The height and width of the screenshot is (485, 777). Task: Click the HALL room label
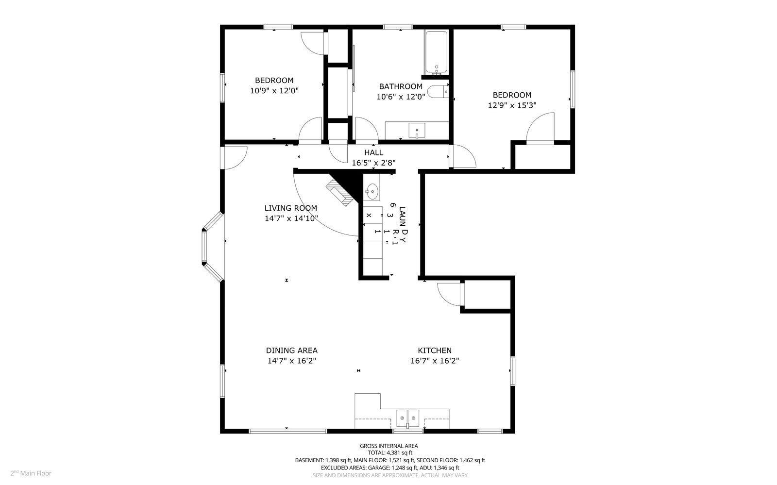(x=373, y=152)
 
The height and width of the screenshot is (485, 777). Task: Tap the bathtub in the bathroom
(x=436, y=52)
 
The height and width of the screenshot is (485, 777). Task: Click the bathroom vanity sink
(x=417, y=130)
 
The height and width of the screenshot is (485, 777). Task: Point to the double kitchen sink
(x=407, y=417)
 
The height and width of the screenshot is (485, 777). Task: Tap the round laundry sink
(x=372, y=192)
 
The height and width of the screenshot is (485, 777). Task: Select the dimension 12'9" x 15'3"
(x=512, y=105)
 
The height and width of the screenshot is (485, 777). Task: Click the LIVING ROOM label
(x=290, y=208)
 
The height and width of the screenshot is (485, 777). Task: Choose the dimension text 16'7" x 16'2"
(x=435, y=361)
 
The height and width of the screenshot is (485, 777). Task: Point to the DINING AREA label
(x=291, y=350)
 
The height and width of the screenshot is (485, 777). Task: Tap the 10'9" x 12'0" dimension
(x=274, y=90)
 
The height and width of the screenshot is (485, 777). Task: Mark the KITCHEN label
(x=435, y=350)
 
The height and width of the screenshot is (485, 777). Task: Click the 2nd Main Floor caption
(x=31, y=473)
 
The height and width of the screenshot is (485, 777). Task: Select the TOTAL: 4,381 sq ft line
(x=388, y=452)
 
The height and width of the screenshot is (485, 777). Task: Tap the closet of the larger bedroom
(x=542, y=156)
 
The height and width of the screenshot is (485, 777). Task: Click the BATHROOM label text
(x=401, y=86)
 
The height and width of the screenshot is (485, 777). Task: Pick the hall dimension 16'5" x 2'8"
(x=373, y=163)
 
